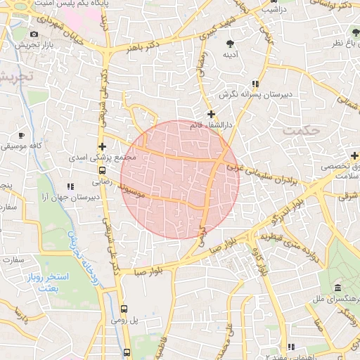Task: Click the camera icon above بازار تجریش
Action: pos(34,34)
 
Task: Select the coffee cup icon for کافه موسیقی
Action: pos(21,135)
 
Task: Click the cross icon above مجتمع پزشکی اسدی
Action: pos(103,147)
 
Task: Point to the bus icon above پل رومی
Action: pos(124,309)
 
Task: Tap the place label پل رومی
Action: pos(124,320)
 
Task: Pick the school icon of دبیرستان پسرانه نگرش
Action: pos(245,83)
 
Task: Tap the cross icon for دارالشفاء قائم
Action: pos(211,114)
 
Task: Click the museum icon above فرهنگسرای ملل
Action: pos(338,288)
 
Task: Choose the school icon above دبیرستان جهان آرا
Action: pos(70,186)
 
